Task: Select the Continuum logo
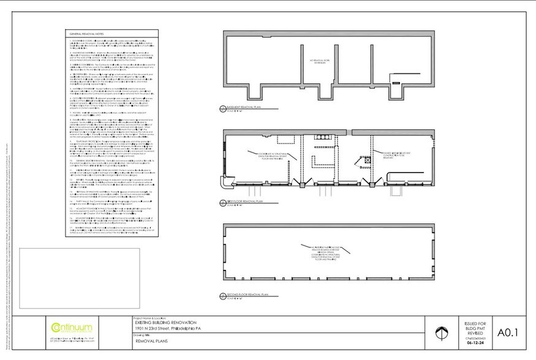[73, 328]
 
